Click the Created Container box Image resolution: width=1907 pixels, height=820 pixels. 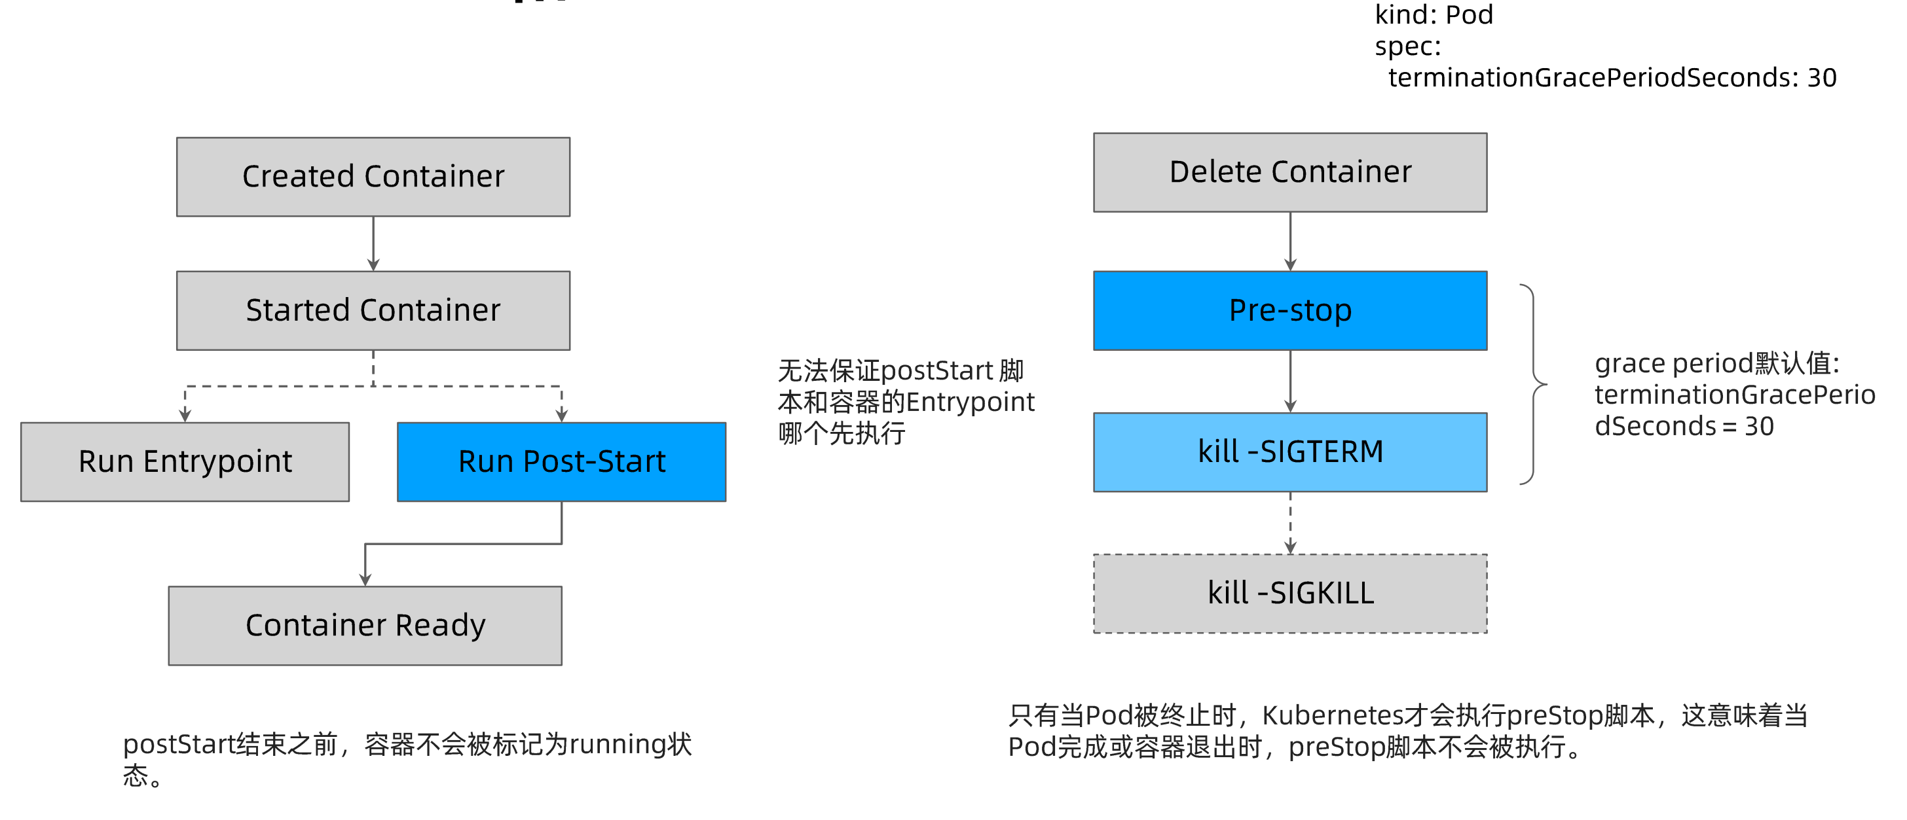click(373, 177)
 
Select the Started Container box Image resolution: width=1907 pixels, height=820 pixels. click(373, 310)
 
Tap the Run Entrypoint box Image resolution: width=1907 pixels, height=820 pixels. click(185, 462)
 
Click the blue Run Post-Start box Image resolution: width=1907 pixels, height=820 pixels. click(561, 462)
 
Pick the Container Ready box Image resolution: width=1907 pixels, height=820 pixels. click(365, 626)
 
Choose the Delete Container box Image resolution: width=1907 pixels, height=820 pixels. click(1289, 172)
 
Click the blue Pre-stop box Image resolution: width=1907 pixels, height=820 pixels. click(1289, 310)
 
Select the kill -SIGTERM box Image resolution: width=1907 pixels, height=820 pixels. click(1289, 452)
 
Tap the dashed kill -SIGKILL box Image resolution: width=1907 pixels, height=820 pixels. click(1289, 593)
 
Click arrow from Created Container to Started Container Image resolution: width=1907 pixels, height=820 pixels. click(373, 244)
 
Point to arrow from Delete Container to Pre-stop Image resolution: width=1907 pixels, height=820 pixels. click(1289, 242)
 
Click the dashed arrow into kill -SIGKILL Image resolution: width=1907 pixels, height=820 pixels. click(1289, 524)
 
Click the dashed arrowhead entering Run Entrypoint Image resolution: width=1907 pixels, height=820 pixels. click(185, 414)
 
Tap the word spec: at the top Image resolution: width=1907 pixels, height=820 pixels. click(1407, 46)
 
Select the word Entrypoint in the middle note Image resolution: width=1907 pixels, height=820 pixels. click(970, 402)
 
